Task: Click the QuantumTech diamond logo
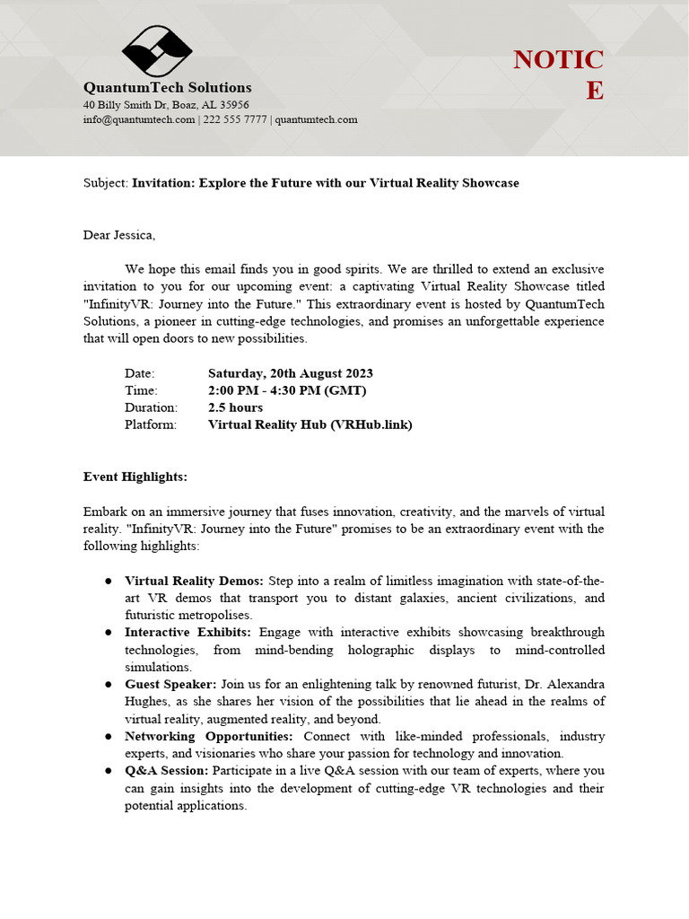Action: click(157, 51)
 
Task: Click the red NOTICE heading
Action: click(558, 74)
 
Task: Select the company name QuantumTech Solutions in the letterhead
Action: click(168, 87)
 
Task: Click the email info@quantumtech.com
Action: click(139, 119)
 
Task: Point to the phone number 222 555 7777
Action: click(234, 119)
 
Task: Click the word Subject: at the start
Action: click(106, 183)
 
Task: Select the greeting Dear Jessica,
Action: click(119, 235)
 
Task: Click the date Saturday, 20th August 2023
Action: click(290, 373)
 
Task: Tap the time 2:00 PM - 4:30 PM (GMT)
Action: click(287, 390)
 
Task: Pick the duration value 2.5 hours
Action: click(235, 407)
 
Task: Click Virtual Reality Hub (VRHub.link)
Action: click(310, 424)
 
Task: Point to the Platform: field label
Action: click(151, 424)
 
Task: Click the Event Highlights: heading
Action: click(135, 477)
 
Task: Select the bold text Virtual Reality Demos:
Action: click(195, 581)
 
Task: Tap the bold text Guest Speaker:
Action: click(170, 685)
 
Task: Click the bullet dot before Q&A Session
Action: click(109, 771)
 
